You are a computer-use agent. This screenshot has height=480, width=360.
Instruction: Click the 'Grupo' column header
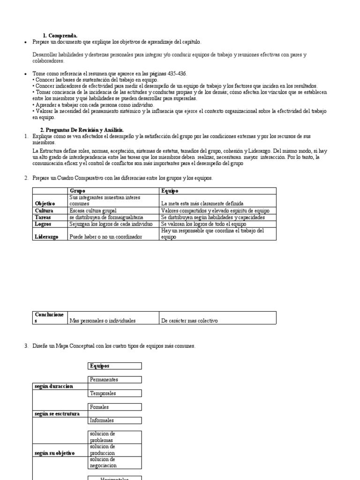tap(77, 191)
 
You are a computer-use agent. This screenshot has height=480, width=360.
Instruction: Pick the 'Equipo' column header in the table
tap(170, 191)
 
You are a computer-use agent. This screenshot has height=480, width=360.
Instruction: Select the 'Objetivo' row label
tap(45, 204)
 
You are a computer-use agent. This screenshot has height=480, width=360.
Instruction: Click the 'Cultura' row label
tap(44, 211)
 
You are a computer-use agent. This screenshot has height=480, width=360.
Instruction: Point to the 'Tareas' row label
tap(43, 217)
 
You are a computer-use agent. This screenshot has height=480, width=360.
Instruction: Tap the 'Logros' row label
tap(43, 224)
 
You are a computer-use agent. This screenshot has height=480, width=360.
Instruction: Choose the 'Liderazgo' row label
tap(47, 237)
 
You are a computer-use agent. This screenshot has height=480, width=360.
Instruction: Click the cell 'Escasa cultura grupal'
tap(93, 211)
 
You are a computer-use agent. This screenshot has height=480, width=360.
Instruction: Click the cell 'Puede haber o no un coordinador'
tap(105, 237)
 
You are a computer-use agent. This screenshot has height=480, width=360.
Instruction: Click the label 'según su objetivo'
tap(54, 454)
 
